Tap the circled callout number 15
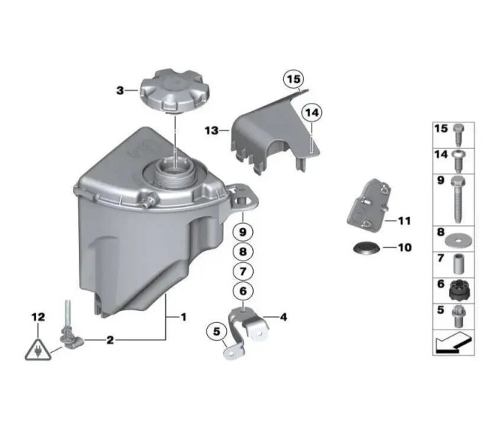pos(294,79)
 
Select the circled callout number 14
pos(312,113)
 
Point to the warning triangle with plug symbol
pos(38,350)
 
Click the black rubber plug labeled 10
pos(366,248)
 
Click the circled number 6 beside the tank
pos(242,291)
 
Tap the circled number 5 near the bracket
pos(216,331)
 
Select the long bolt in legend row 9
pos(458,200)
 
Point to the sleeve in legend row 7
pos(459,264)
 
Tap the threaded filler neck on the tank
pos(173,176)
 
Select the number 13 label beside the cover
pos(212,131)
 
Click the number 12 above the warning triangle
pos(38,318)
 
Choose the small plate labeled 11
pos(369,205)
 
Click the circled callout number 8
pos(242,252)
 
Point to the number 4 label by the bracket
pos(283,318)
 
